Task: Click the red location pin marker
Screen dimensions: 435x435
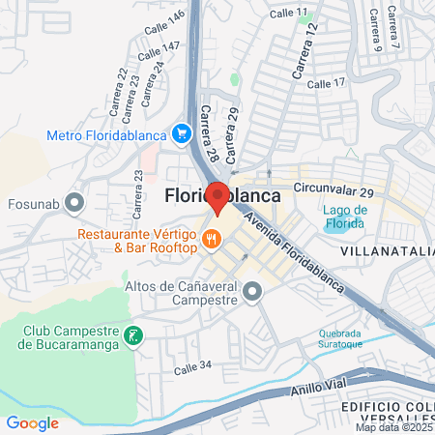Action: coord(218,197)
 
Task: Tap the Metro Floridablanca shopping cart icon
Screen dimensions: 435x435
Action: coord(180,133)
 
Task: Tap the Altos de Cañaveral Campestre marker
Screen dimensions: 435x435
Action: coord(252,291)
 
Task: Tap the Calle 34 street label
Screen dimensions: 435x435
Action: coord(191,365)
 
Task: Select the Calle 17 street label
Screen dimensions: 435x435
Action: coord(326,84)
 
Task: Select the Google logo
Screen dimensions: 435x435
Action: coord(32,422)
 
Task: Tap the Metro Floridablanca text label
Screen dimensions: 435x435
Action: coord(104,133)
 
